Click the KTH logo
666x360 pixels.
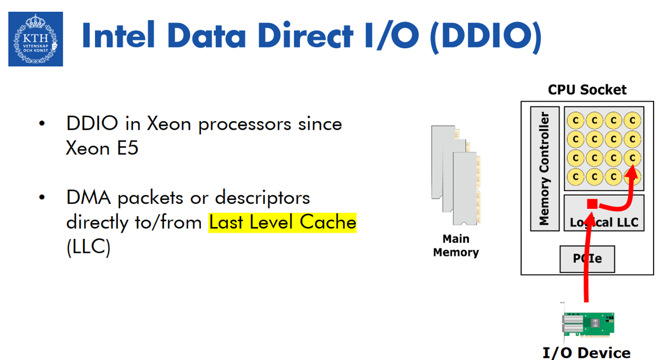click(35, 39)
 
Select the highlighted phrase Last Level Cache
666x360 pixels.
click(282, 222)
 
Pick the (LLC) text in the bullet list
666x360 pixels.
click(88, 247)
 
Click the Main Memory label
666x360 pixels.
click(456, 246)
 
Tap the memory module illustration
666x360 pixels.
click(456, 176)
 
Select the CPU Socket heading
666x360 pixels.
click(587, 89)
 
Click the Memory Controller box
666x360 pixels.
click(544, 169)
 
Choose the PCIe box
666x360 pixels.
click(587, 259)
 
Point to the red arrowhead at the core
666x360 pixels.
click(634, 178)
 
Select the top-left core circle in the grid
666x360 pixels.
click(576, 120)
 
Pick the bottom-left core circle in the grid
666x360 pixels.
click(576, 176)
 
